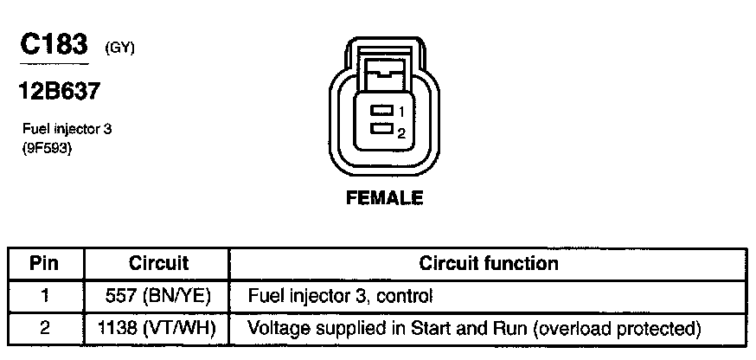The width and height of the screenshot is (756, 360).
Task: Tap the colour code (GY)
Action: click(119, 48)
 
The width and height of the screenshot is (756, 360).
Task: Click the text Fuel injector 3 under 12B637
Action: click(67, 129)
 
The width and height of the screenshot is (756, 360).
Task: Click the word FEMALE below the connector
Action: click(384, 198)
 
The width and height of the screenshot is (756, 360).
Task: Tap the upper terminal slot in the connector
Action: click(380, 111)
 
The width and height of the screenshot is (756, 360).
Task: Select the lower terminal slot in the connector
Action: click(380, 129)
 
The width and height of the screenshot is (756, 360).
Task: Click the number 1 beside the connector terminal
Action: click(401, 112)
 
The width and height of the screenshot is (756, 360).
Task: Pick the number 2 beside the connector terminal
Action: click(401, 132)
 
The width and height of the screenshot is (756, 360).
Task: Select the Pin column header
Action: click(46, 263)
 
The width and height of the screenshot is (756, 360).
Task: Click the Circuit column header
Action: click(158, 263)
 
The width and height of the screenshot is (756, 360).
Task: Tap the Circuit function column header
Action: click(488, 263)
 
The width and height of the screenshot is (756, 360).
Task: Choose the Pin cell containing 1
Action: click(46, 296)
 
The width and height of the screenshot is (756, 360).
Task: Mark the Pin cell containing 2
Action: click(46, 329)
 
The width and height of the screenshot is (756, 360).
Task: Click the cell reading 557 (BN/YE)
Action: click(158, 296)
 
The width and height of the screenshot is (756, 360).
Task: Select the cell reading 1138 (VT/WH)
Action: click(158, 329)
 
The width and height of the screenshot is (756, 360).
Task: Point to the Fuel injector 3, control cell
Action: click(340, 296)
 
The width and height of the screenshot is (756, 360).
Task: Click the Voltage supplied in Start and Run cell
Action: click(473, 329)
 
